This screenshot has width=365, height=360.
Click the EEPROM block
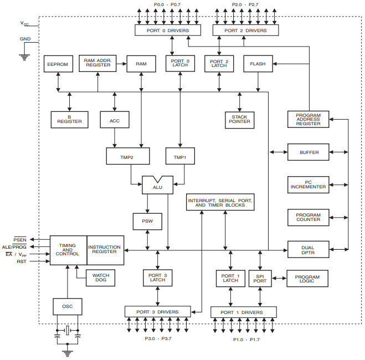[58, 64]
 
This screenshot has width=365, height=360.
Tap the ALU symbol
[158, 185]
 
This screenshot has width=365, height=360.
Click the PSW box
[147, 222]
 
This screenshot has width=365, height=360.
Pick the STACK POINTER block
[239, 119]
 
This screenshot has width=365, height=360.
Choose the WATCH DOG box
[100, 277]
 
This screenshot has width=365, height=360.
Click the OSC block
[68, 306]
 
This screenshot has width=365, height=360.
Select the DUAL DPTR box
[307, 250]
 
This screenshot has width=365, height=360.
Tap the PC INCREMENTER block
[308, 184]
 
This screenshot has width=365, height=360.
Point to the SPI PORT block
[260, 278]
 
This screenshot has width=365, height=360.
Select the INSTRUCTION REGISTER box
[105, 250]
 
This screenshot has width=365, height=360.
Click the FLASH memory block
[258, 64]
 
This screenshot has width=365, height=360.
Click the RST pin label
[22, 261]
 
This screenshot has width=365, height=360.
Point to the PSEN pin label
[20, 239]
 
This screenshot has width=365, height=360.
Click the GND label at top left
[25, 39]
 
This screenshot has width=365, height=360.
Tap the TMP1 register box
[180, 157]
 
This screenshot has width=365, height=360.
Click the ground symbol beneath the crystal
[68, 352]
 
